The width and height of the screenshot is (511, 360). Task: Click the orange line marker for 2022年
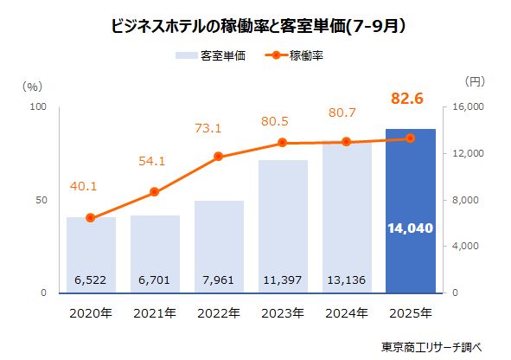click(218, 157)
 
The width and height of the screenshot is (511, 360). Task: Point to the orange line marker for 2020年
click(91, 218)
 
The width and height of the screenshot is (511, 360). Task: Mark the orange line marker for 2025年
click(411, 138)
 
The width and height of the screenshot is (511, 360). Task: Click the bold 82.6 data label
click(406, 100)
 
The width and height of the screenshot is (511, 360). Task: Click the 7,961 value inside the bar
click(219, 280)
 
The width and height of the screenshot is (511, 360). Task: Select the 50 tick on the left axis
click(39, 201)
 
